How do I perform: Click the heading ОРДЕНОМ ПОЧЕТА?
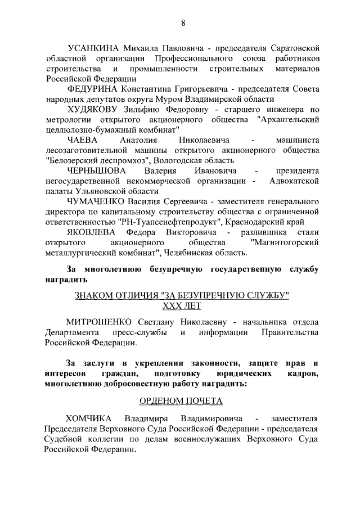181,400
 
